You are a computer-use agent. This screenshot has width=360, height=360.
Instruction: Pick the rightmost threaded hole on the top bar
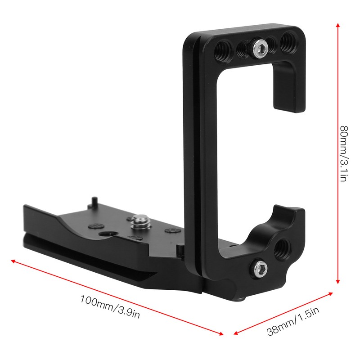286,44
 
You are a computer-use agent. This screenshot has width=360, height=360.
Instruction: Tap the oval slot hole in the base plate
107,235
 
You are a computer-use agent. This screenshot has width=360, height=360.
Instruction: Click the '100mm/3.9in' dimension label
110,305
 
